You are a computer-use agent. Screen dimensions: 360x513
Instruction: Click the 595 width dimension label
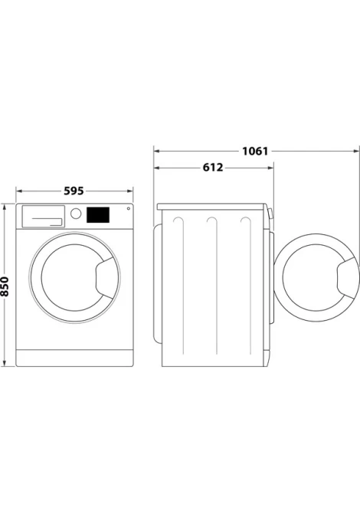tap(74, 191)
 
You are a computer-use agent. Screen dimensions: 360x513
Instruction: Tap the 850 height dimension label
tap(5, 286)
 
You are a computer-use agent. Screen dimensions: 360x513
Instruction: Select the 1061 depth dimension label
tap(255, 151)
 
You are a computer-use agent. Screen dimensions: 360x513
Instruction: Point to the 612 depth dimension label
tap(213, 168)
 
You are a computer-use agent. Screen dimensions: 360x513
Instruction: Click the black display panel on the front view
tap(98, 214)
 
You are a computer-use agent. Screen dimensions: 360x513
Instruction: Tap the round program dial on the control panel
tap(76, 214)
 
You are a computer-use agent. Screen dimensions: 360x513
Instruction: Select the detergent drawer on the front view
tap(43, 216)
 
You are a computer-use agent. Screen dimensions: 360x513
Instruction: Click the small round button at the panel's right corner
tap(129, 208)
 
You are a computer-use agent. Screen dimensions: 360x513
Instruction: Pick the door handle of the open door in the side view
tap(348, 278)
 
